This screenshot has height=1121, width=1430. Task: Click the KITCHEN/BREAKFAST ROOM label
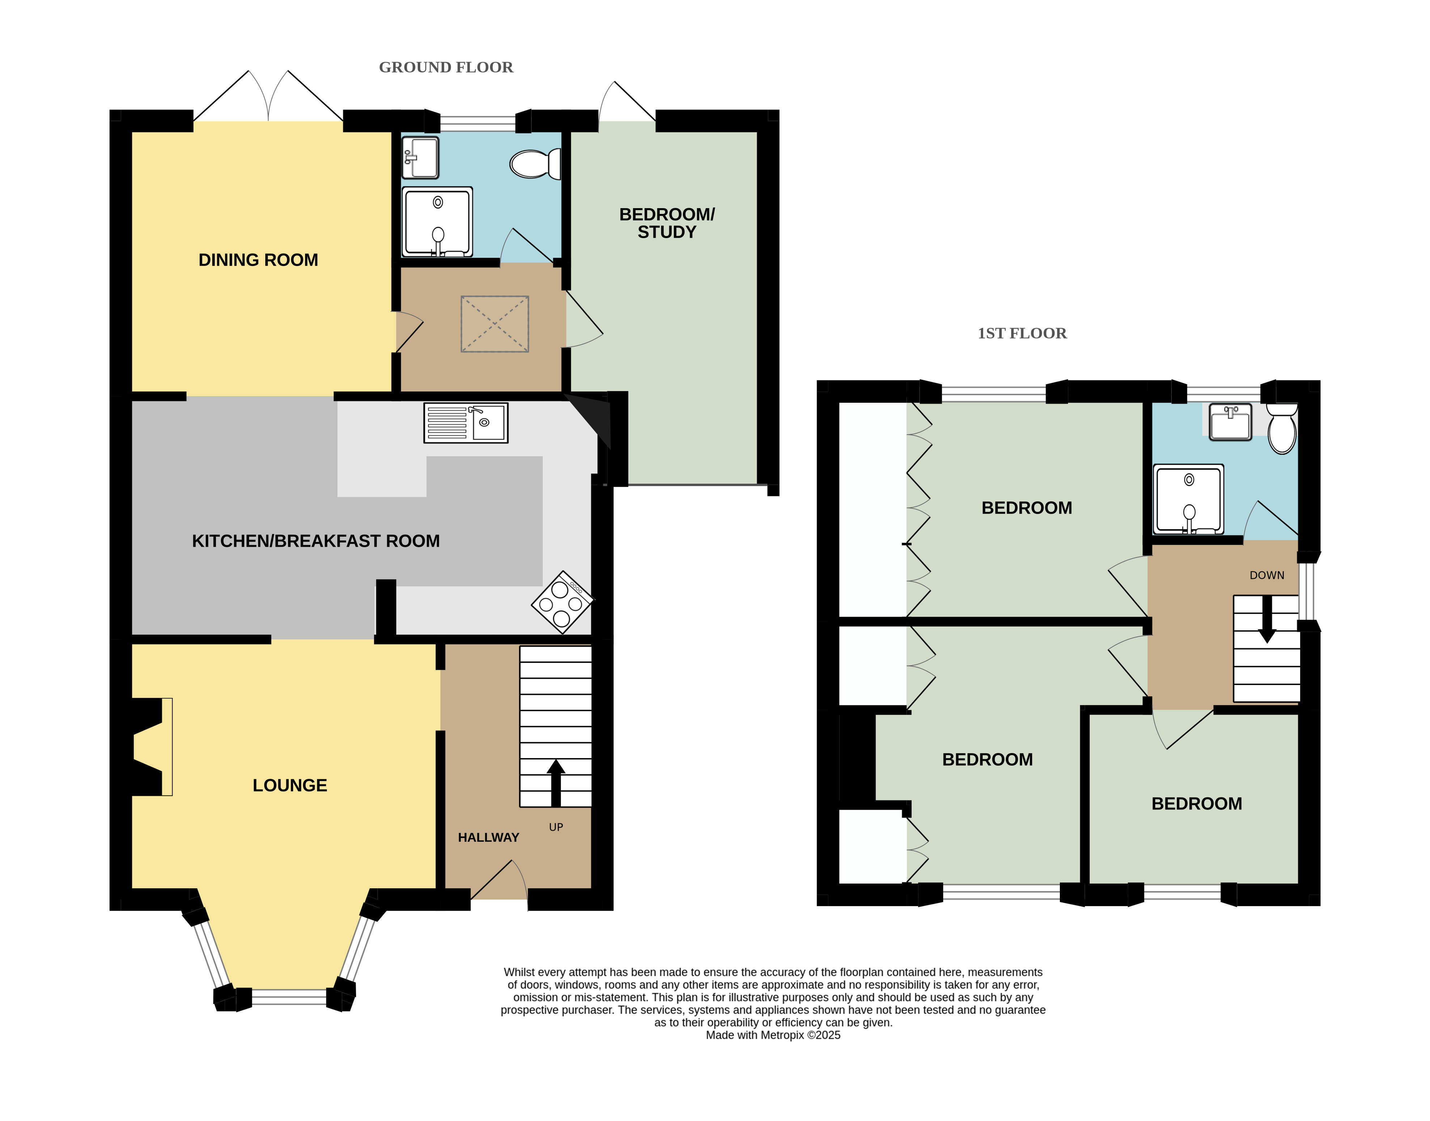click(x=316, y=541)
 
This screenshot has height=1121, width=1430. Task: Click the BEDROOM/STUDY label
click(x=667, y=223)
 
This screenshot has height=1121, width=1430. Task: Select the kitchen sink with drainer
click(x=466, y=423)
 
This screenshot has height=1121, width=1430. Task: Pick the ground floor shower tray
click(x=437, y=221)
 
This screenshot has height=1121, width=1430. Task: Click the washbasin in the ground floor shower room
click(x=420, y=157)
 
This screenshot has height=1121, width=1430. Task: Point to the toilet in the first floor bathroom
click(x=1282, y=428)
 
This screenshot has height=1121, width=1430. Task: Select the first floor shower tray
click(x=1189, y=499)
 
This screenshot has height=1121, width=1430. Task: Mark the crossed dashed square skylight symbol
click(x=495, y=324)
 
